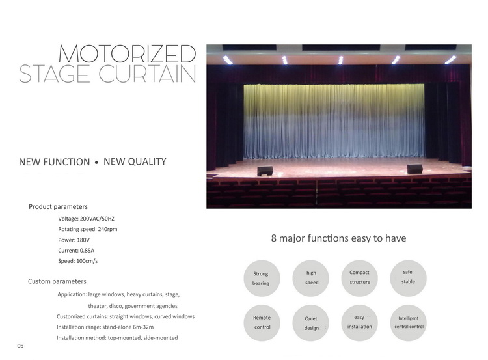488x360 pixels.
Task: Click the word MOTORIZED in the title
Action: (128, 53)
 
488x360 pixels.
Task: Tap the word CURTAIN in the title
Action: (147, 74)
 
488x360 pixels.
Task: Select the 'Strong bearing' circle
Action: (262, 278)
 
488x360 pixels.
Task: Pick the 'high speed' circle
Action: (310, 278)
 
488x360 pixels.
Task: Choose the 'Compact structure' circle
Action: (359, 278)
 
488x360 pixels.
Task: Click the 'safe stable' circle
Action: (408, 278)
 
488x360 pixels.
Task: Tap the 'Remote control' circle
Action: (262, 323)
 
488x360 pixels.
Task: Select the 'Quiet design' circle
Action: (310, 323)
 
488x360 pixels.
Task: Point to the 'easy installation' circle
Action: (359, 323)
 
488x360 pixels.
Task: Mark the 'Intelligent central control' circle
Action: (408, 323)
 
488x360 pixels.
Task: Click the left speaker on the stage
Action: (265, 171)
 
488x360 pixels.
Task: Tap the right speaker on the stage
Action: (415, 169)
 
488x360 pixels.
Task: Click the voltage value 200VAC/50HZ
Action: (97, 219)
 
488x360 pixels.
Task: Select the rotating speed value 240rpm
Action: (107, 229)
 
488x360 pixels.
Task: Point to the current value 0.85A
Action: (87, 251)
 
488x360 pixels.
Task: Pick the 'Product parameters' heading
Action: (58, 207)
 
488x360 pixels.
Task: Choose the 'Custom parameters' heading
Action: (57, 281)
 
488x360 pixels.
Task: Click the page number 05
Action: (20, 346)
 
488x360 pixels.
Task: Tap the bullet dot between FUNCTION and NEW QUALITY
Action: (96, 162)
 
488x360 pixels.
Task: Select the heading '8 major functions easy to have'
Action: (338, 238)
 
